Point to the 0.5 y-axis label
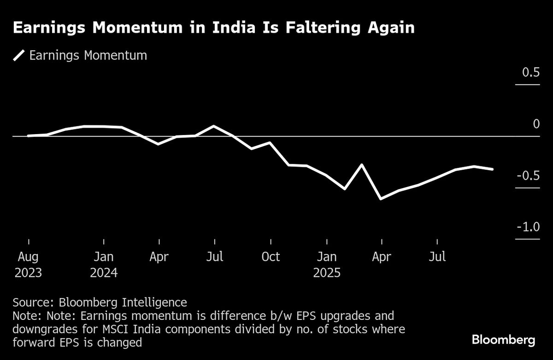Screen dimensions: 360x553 tap(530, 73)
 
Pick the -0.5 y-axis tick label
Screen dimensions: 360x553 tap(528, 176)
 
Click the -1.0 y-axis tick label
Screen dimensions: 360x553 tap(528, 227)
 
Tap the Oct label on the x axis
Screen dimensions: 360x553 tap(271, 257)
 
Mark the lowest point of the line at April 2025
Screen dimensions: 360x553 tap(381, 199)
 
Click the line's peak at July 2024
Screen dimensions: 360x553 tap(214, 126)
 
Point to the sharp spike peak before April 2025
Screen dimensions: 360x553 tap(362, 165)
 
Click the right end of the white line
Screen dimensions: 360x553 tap(493, 169)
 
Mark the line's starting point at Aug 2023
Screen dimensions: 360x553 tap(29, 136)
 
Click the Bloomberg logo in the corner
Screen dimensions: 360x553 tap(503, 340)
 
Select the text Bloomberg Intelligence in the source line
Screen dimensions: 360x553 tap(123, 303)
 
